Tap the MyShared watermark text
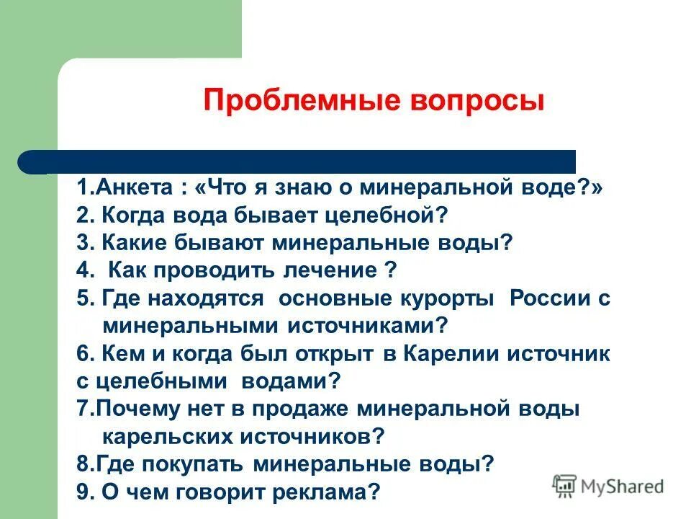(623, 487)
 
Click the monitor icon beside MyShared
(565, 487)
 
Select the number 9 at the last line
(82, 492)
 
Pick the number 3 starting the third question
(82, 243)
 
